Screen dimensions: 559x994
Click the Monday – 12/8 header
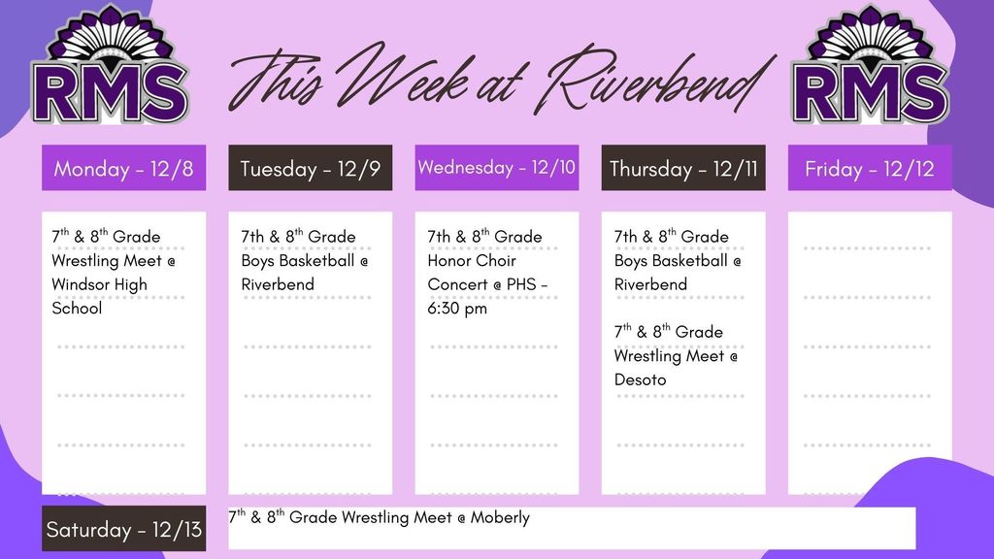123,169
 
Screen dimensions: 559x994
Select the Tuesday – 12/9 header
310,169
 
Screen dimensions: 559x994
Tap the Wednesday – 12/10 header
496,168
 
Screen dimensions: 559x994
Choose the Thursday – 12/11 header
683,169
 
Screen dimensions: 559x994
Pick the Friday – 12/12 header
870,169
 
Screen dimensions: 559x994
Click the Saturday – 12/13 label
123,530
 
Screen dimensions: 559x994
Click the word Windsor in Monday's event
82,284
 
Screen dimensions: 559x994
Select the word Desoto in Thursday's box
640,379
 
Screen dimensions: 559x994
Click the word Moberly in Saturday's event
500,517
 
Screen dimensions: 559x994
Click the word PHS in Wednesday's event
522,284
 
